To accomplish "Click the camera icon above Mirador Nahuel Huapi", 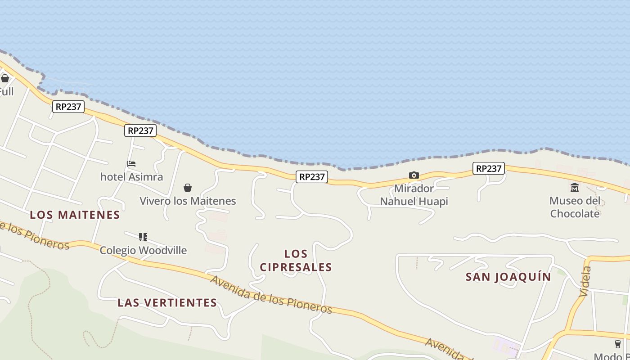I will [x=414, y=175].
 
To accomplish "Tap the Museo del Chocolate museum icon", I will [x=575, y=187].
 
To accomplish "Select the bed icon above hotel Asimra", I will [x=131, y=164].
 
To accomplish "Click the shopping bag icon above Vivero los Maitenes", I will [x=188, y=188].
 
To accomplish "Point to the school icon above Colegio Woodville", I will [x=143, y=237].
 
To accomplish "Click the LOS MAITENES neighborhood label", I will [x=75, y=215].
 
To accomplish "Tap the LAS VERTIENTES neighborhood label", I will [x=167, y=303].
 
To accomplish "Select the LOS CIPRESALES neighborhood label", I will [x=296, y=261].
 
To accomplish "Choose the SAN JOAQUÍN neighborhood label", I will [x=508, y=277].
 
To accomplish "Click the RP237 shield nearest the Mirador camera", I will [x=312, y=177].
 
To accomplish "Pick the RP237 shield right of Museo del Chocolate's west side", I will [x=489, y=168].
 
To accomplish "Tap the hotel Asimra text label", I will [x=131, y=177].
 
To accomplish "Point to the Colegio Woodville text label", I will [x=143, y=250].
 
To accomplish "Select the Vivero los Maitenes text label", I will [x=188, y=201].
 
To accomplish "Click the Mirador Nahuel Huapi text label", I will [x=414, y=195].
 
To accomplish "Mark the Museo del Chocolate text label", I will [x=575, y=207].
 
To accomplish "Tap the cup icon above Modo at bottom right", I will [x=618, y=344].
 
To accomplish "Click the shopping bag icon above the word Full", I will [x=5, y=78].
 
